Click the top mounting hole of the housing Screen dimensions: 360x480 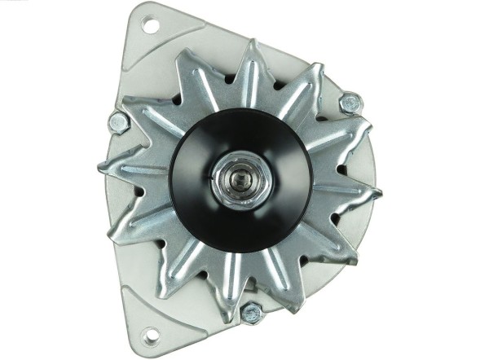coord(150,24)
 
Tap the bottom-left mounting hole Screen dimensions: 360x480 coord(150,333)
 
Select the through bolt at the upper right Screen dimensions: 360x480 coord(350,103)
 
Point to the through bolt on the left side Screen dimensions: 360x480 coord(117,122)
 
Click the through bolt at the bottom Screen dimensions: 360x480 coord(252,312)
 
